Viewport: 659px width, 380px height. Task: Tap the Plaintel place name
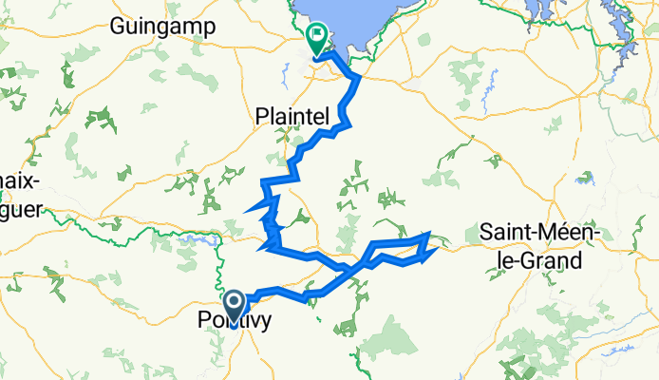point(292,116)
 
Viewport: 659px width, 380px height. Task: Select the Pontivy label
point(233,321)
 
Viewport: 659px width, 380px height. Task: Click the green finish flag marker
point(315,38)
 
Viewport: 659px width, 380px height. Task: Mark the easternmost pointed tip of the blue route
point(436,251)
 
